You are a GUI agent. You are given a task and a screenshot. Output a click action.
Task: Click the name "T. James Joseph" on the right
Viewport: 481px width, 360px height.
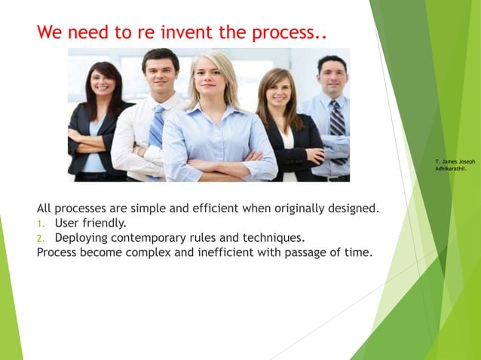point(455,161)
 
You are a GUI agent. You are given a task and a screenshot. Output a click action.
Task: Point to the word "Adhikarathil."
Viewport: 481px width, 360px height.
point(451,169)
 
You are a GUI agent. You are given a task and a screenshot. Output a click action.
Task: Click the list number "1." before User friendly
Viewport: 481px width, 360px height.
point(42,223)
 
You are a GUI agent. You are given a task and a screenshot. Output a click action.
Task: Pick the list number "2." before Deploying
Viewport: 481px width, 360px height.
point(42,238)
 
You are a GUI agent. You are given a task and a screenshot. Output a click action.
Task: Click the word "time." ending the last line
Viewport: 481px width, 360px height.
point(357,252)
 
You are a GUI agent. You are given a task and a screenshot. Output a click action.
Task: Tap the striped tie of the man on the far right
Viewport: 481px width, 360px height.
point(336,125)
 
